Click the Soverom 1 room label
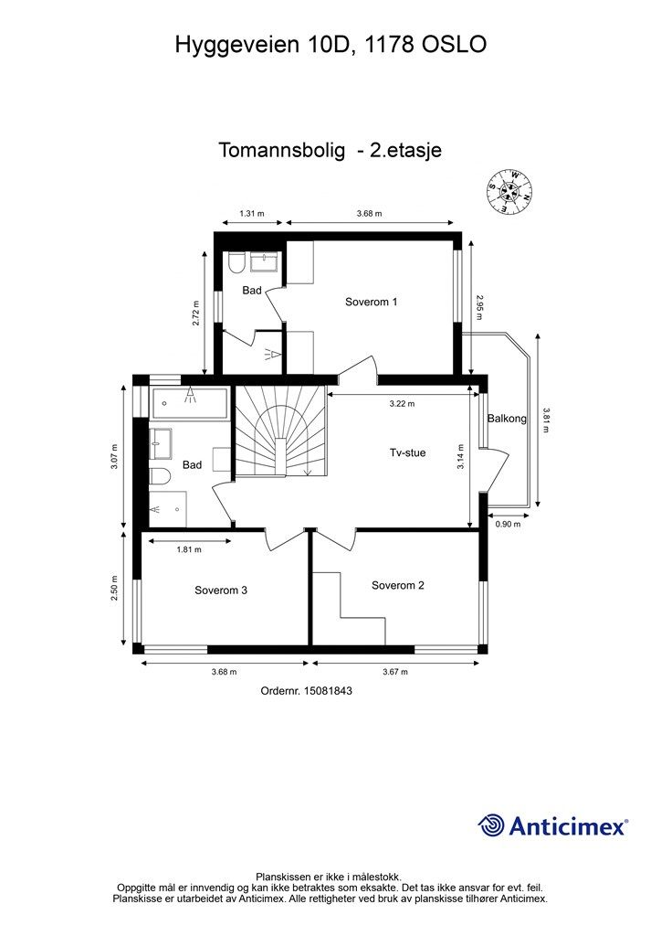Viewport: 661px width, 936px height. pos(371,302)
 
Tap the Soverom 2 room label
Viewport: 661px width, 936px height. pos(397,586)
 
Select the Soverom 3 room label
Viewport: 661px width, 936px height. pos(221,590)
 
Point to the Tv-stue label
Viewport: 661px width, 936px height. pos(408,453)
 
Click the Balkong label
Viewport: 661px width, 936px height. pos(508,419)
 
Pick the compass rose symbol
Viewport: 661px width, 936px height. pos(510,192)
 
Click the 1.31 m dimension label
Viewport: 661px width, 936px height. pos(251,213)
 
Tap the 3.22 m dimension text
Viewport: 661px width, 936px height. pos(402,403)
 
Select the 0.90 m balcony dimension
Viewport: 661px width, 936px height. pos(508,524)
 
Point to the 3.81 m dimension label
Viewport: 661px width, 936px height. pos(545,420)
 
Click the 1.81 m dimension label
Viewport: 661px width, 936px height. pos(189,549)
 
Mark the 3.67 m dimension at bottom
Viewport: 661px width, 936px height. pos(395,672)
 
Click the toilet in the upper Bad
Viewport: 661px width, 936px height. pos(236,262)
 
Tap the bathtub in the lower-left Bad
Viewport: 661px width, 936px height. pos(190,403)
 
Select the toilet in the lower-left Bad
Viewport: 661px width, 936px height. pos(160,475)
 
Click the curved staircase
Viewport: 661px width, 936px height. pos(280,431)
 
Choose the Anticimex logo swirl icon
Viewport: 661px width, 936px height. pos(491,825)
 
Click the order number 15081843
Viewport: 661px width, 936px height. pos(328,691)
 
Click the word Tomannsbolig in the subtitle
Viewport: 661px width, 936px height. pos(281,150)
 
